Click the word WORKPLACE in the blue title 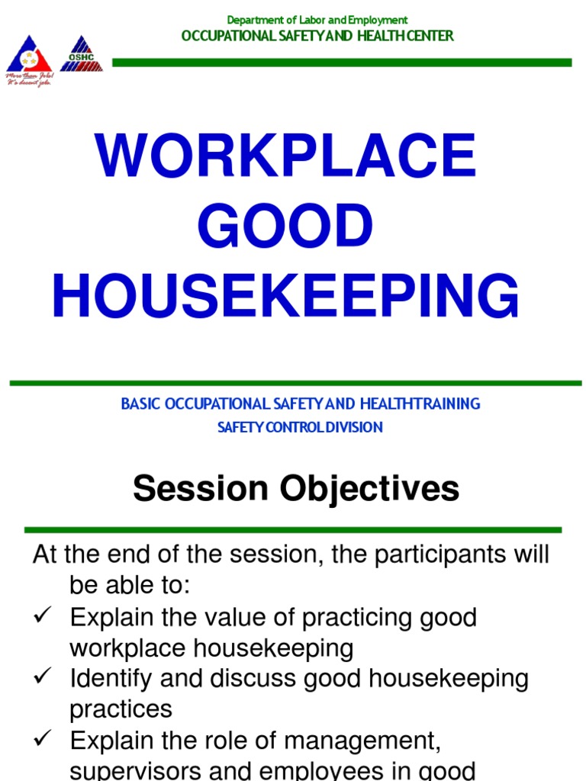pos(286,157)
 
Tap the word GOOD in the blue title pos(286,227)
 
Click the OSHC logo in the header pos(81,55)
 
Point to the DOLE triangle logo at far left pos(28,56)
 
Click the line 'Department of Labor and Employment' pos(317,20)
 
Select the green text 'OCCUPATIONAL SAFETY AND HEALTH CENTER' pos(317,36)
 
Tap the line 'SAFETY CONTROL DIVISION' pos(300,427)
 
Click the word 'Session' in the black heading pos(199,489)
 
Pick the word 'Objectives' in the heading pos(369,489)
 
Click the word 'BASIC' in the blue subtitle pos(138,404)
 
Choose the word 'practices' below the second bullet pos(121,709)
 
